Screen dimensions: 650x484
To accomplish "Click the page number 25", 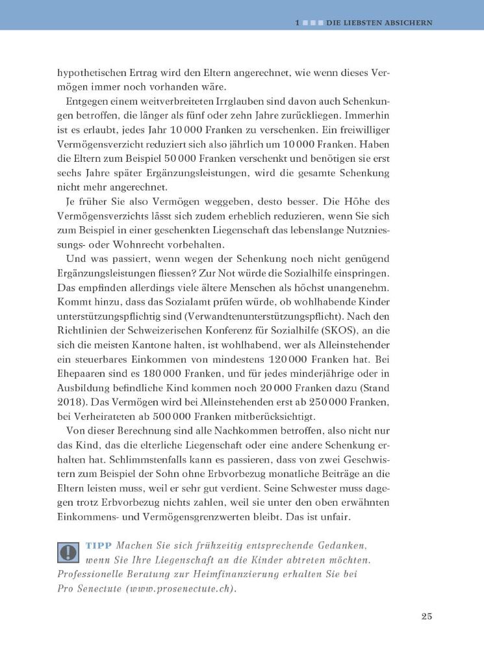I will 426,616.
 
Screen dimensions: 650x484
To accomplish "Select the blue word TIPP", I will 99,544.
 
